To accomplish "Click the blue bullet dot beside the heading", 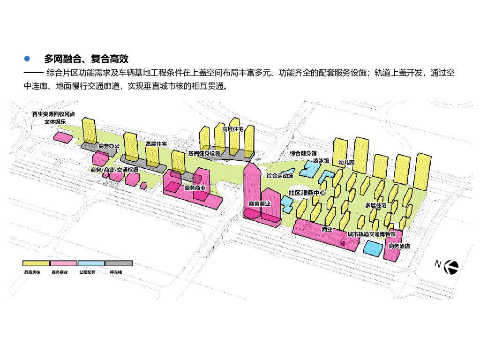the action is pyautogui.click(x=27, y=59).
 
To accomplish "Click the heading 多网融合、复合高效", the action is pyautogui.click(x=86, y=59).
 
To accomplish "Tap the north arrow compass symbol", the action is pyautogui.click(x=451, y=266).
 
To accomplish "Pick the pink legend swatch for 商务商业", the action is pyautogui.click(x=64, y=263).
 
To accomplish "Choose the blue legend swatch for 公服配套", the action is pyautogui.click(x=91, y=263).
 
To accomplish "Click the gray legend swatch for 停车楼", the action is pyautogui.click(x=119, y=263).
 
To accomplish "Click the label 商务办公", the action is pyautogui.click(x=109, y=146).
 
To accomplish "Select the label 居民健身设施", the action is pyautogui.click(x=204, y=153).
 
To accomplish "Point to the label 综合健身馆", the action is pyautogui.click(x=303, y=153).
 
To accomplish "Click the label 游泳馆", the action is pyautogui.click(x=321, y=161).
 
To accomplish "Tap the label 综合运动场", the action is pyautogui.click(x=280, y=176).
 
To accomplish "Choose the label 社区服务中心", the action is pyautogui.click(x=307, y=193).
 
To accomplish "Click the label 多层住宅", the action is pyautogui.click(x=375, y=205).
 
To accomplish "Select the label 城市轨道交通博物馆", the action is pyautogui.click(x=371, y=234).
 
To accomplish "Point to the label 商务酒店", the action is pyautogui.click(x=399, y=246).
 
